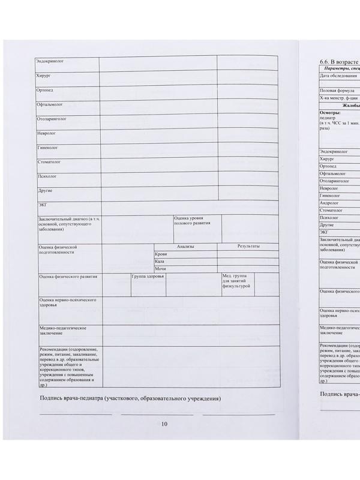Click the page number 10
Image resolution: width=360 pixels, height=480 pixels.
[164, 424]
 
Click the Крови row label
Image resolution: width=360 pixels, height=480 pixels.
[160, 254]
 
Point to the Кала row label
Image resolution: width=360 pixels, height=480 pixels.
[160, 262]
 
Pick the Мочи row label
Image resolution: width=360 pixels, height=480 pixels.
[160, 269]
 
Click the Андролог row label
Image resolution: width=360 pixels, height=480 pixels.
[329, 203]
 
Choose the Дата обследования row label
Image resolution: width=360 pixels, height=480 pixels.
[338, 77]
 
